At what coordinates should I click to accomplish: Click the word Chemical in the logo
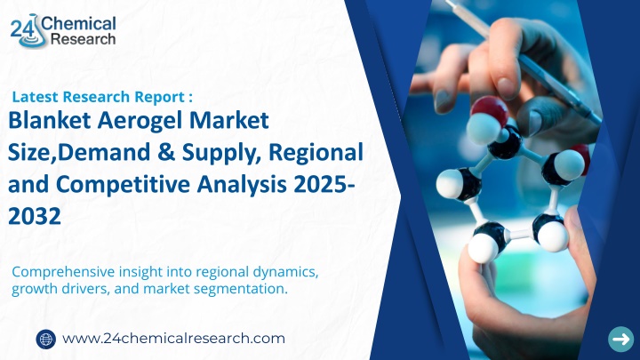(78, 24)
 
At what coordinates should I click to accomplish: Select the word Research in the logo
(84, 39)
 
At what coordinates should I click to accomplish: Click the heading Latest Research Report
(102, 97)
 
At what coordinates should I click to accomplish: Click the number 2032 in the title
(35, 216)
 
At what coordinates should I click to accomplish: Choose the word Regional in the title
(316, 153)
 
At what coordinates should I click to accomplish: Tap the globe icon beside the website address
(45, 340)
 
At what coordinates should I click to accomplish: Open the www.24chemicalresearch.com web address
(173, 339)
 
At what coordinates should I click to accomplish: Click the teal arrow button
(621, 340)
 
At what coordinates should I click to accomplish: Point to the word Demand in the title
(107, 152)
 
